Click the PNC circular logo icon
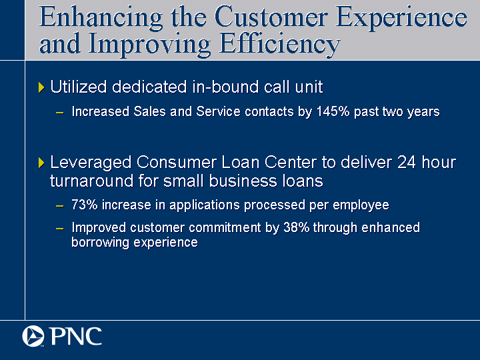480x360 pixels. (33, 336)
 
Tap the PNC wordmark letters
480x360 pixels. (76, 337)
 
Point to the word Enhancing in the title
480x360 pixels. (101, 19)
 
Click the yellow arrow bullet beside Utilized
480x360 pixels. (41, 87)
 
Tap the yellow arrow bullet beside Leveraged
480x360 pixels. (41, 163)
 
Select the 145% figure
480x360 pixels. (333, 111)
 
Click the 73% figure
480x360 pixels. (85, 205)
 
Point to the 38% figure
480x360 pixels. (296, 227)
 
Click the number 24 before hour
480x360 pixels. (407, 162)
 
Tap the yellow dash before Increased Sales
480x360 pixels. (60, 113)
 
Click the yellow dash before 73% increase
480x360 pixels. (60, 206)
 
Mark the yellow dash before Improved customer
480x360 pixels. (60, 229)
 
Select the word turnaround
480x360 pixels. (91, 181)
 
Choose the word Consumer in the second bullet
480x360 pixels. (176, 162)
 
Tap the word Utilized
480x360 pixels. (79, 87)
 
